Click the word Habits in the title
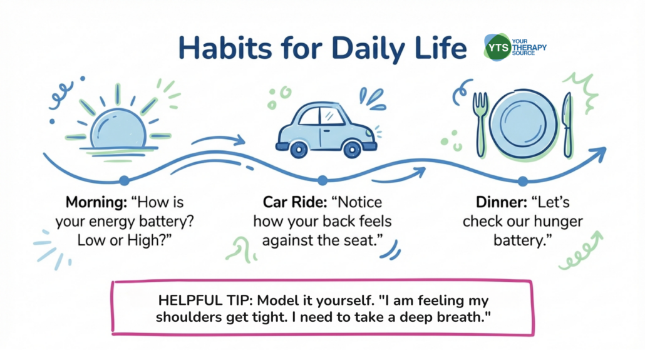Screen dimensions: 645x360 click(x=225, y=48)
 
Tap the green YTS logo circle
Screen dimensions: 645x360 click(x=498, y=48)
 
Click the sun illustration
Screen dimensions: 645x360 click(x=118, y=123)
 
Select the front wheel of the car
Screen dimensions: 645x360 click(x=352, y=150)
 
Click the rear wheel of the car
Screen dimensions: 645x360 click(x=299, y=150)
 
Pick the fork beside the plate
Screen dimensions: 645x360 click(x=480, y=124)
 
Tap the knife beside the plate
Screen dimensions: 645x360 click(x=568, y=125)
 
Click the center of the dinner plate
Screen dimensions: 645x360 click(x=524, y=123)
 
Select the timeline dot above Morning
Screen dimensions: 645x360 click(x=124, y=180)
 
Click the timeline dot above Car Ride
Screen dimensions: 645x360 click(x=322, y=180)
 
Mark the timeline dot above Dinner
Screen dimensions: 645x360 click(x=522, y=181)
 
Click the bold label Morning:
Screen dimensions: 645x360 click(x=96, y=202)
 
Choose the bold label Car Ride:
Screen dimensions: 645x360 click(x=295, y=202)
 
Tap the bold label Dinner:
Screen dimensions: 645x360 click(x=502, y=202)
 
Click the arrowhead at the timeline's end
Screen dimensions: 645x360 click(x=599, y=153)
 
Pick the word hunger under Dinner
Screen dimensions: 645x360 click(x=555, y=222)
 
